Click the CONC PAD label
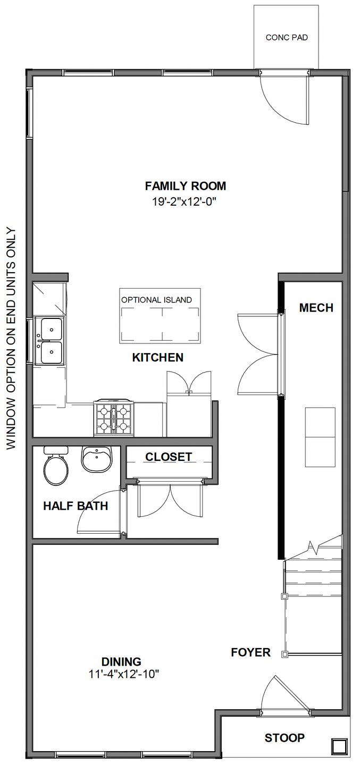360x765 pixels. tap(286, 38)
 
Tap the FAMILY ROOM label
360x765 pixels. tap(186, 186)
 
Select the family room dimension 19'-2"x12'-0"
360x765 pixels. tap(186, 201)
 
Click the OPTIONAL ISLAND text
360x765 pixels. tap(156, 300)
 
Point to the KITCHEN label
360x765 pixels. tap(157, 358)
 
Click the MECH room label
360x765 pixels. tap(316, 308)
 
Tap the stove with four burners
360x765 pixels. tap(113, 418)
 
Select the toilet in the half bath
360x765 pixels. tap(55, 468)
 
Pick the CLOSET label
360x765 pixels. tap(169, 457)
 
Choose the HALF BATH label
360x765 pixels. tap(76, 506)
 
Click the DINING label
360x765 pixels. tap(122, 662)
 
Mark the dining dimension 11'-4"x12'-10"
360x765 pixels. tap(124, 674)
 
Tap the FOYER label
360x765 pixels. tap(250, 652)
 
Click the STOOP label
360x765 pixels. tap(284, 738)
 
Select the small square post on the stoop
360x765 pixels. tap(338, 745)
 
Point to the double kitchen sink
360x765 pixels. tap(49, 341)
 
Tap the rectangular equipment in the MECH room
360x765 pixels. tap(320, 437)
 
